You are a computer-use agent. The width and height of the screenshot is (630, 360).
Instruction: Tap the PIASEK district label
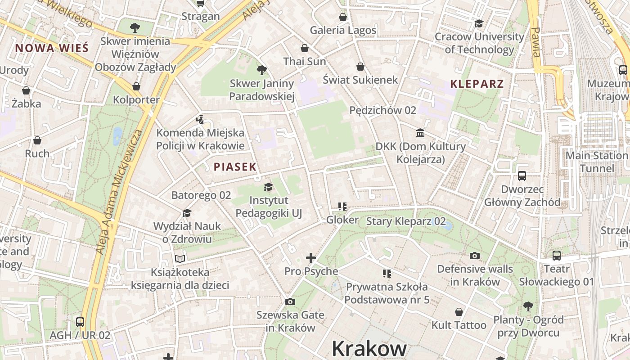click(x=235, y=166)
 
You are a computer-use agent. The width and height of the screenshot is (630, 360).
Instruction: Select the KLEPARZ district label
click(x=477, y=84)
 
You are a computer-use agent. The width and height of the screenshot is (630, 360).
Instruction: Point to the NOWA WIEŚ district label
click(x=52, y=48)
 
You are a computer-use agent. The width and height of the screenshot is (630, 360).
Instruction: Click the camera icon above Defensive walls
click(x=475, y=256)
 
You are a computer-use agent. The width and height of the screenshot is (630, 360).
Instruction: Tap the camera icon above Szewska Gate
click(x=290, y=301)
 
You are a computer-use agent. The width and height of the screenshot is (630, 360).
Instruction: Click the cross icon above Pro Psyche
click(x=311, y=258)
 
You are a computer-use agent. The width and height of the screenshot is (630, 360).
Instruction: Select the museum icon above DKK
click(x=420, y=133)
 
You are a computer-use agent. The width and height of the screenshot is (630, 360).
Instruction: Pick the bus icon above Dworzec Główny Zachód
click(x=522, y=175)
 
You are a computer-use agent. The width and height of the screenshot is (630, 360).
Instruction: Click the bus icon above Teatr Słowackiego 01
click(x=557, y=256)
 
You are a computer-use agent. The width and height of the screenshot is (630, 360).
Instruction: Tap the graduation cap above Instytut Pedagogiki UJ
click(x=268, y=186)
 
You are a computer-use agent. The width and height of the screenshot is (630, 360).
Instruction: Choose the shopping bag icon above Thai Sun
click(x=305, y=48)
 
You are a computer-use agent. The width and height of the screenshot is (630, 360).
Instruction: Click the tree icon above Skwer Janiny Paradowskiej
click(x=261, y=70)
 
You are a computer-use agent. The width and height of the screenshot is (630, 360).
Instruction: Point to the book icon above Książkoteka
click(x=180, y=259)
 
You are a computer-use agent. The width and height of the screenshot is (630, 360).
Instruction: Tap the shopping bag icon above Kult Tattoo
click(x=459, y=312)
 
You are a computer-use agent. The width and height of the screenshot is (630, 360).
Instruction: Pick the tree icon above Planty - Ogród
click(x=528, y=306)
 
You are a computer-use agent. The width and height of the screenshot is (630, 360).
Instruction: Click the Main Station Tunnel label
click(x=596, y=162)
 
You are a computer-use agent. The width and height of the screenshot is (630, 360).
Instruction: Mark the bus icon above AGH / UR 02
click(x=80, y=322)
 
